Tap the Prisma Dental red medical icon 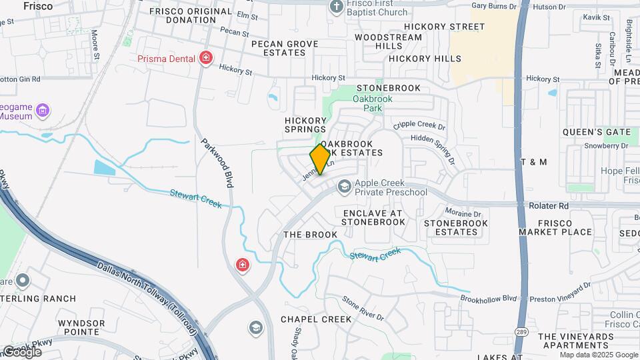(206, 58)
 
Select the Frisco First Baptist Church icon (337, 7)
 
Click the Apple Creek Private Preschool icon (344, 187)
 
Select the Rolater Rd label (549, 206)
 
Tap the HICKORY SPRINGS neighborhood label (305, 125)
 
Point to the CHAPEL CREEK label (316, 319)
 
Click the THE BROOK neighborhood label (311, 235)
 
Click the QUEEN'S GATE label (596, 132)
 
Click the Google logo (21, 351)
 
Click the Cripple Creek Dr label (419, 125)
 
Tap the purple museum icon (43, 109)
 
